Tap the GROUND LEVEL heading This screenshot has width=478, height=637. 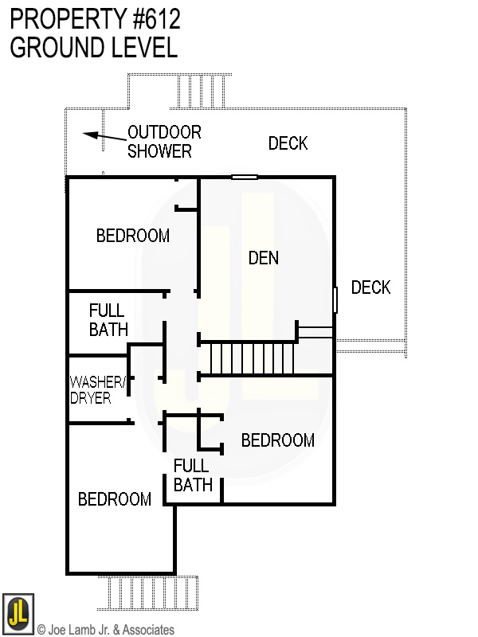click(x=92, y=48)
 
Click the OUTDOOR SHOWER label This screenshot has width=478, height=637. click(x=164, y=142)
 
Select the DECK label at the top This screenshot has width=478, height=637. click(x=288, y=143)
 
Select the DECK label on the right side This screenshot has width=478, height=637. click(x=370, y=287)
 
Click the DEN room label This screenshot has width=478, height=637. click(x=264, y=258)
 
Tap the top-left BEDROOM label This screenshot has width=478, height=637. click(x=132, y=236)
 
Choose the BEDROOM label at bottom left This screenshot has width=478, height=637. click(x=115, y=499)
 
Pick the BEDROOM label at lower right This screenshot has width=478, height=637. click(x=277, y=440)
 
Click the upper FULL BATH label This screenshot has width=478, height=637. click(x=108, y=319)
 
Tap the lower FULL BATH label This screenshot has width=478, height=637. click(x=192, y=475)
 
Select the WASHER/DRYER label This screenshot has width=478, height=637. click(x=97, y=389)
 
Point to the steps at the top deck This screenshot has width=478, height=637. click(x=200, y=92)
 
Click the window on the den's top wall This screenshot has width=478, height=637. click(x=245, y=177)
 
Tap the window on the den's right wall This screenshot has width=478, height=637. click(x=335, y=299)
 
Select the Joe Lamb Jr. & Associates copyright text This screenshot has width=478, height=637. click(x=105, y=630)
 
